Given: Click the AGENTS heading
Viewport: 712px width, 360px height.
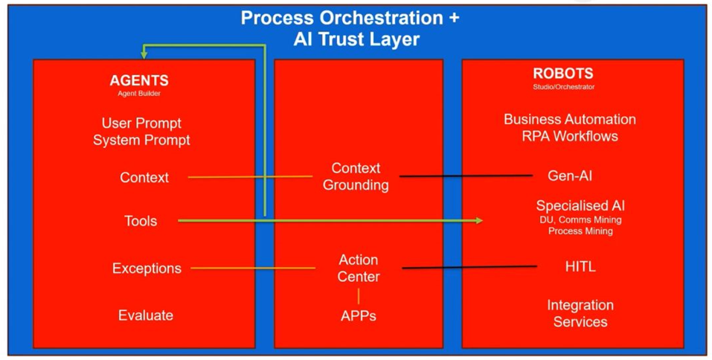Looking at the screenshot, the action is pos(139,81).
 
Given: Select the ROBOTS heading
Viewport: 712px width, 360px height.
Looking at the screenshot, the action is pos(563,74).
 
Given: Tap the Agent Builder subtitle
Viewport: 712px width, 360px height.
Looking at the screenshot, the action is pos(139,94).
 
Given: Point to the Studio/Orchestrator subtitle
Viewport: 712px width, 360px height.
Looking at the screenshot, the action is pos(563,86).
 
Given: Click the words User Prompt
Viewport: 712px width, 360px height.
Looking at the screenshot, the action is pos(141,123).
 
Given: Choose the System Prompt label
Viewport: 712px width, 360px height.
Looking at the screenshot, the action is pos(141,141).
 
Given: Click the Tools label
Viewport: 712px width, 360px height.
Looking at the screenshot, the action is pos(141,221).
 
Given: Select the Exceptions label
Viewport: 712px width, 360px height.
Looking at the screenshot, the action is pos(147,269).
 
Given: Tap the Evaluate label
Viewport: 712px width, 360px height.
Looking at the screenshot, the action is pos(146,315).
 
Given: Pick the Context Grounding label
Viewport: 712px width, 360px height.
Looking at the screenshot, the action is pos(356,176).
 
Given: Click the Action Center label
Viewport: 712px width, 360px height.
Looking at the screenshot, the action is pos(359,269).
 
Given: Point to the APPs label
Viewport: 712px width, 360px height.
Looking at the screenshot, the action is pos(359,316).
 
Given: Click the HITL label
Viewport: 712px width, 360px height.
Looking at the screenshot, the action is pos(580,267).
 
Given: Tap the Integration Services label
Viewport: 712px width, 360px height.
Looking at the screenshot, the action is pos(580,313).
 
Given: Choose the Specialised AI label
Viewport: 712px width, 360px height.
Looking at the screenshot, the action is pos(580,205).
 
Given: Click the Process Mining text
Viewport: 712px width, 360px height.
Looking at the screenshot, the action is pos(580,231).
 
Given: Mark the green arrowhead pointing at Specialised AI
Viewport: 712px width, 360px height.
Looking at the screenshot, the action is pos(478,221).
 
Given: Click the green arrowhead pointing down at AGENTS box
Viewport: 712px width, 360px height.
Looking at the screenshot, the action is pos(144,55).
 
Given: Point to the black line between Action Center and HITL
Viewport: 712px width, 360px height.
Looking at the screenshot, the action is pos(469,267).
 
